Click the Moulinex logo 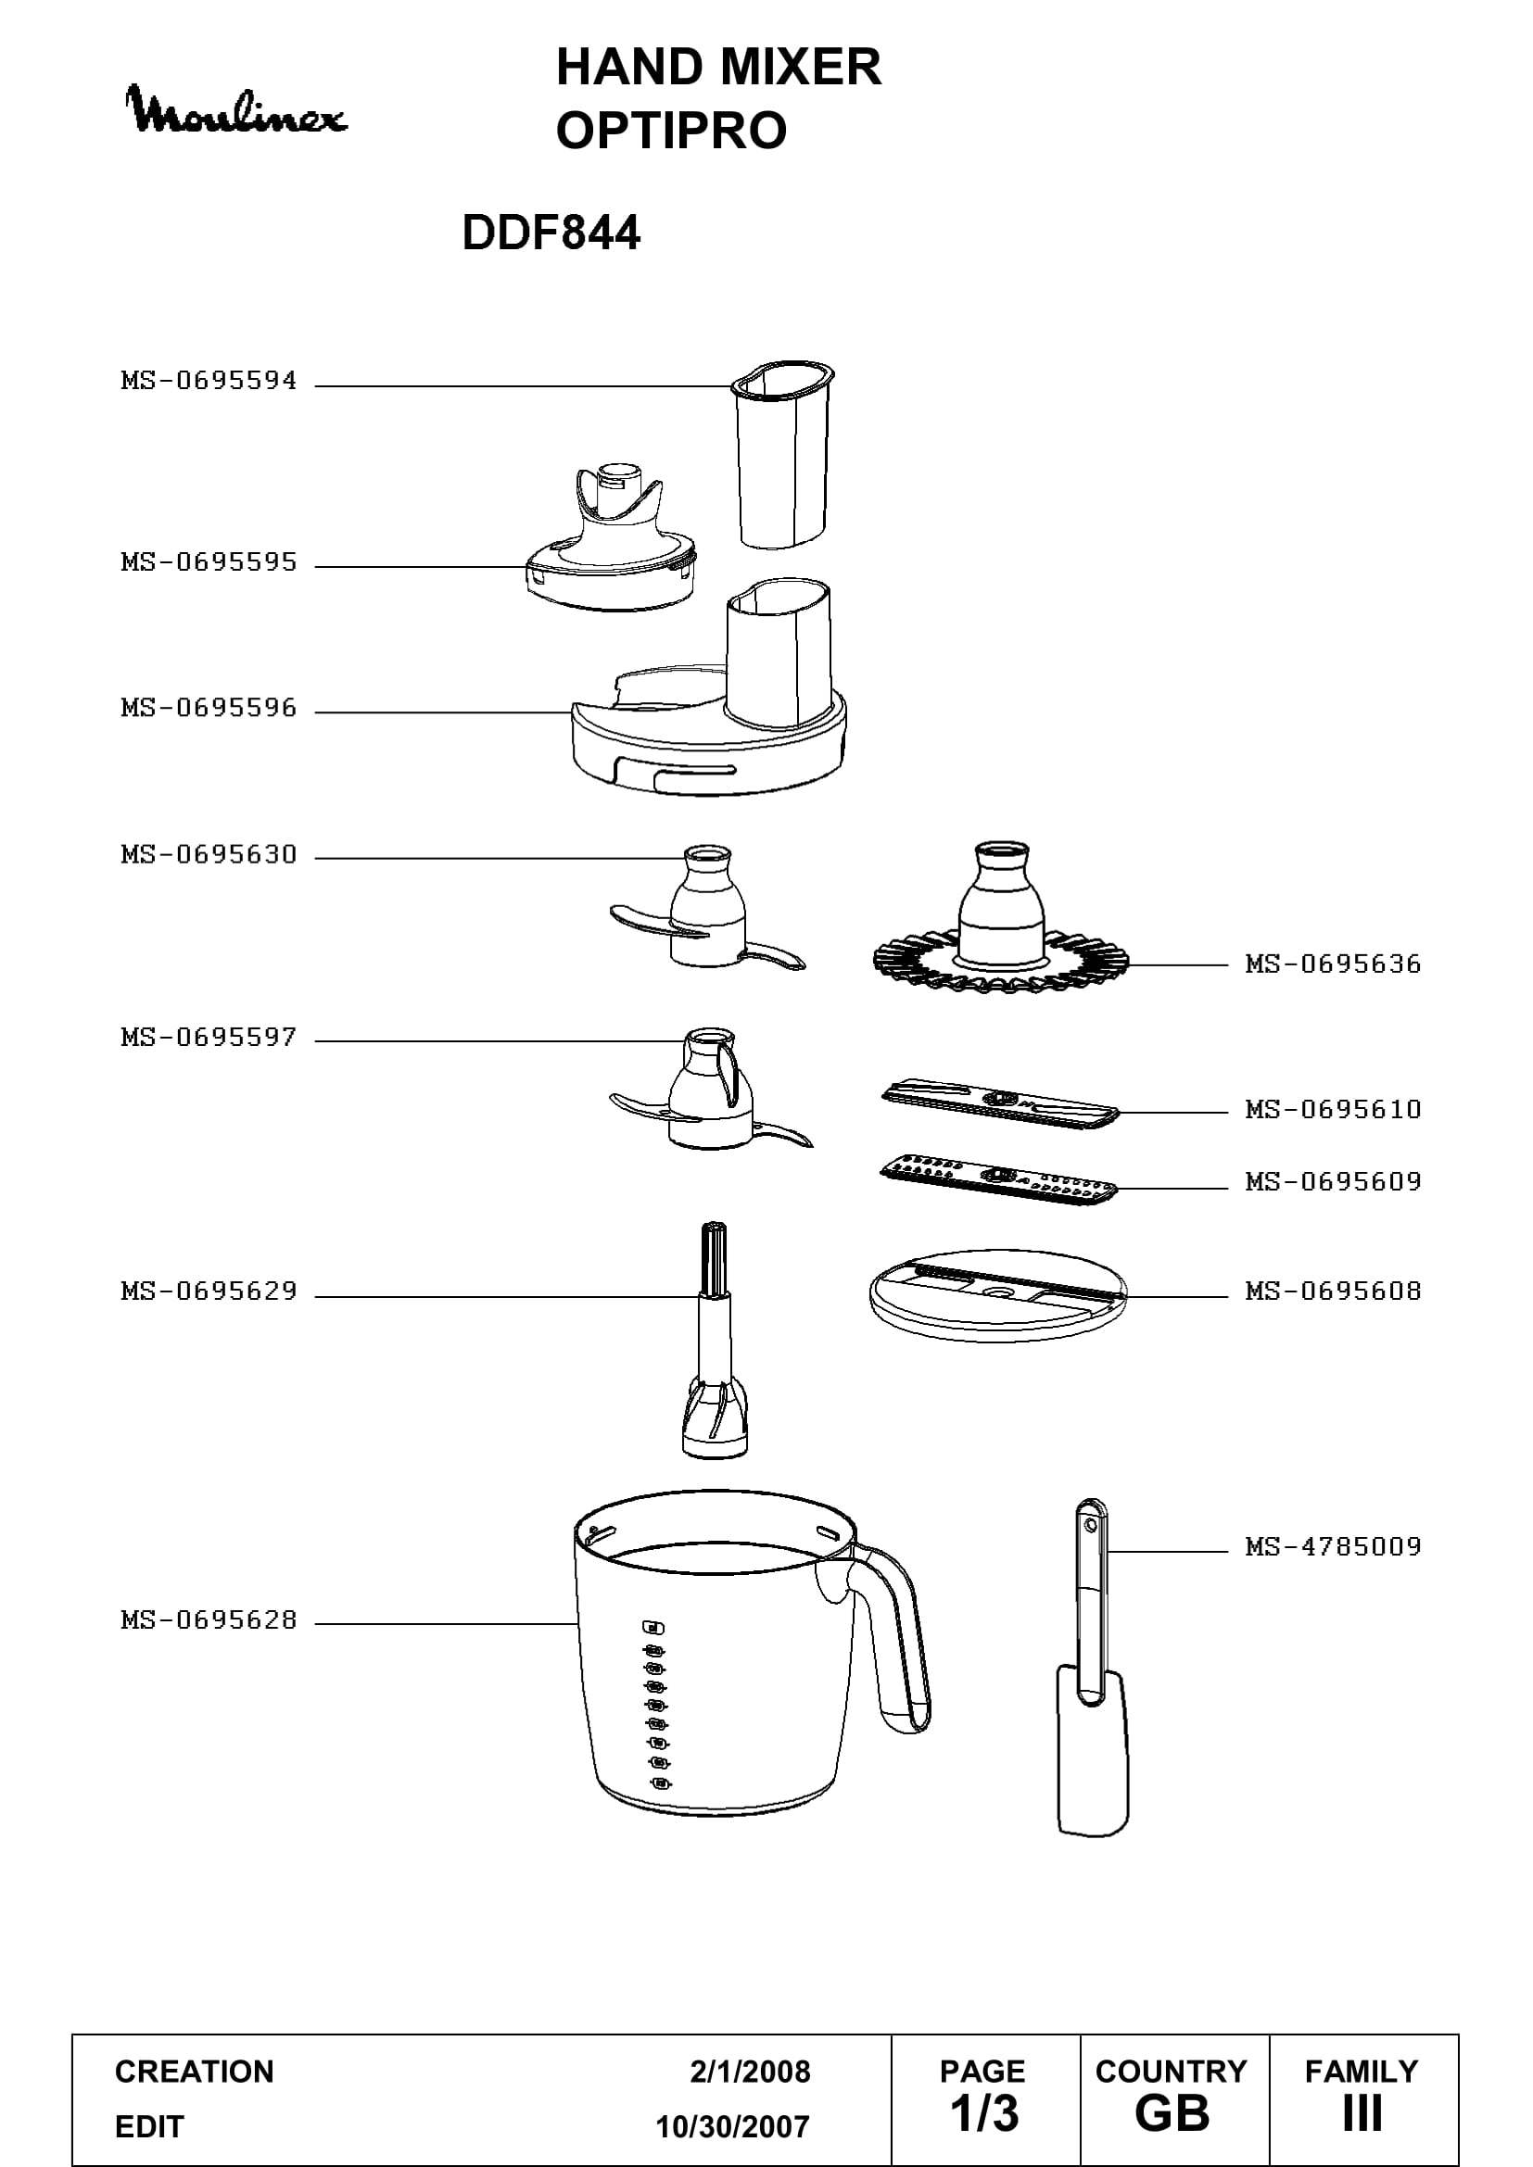tap(237, 109)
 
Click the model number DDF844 tap(551, 233)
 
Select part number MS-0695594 tap(209, 382)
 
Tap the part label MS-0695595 tap(209, 562)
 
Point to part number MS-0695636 tap(1333, 964)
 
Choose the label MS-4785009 tap(1333, 1546)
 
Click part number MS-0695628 tap(209, 1619)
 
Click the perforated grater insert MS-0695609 tap(999, 1179)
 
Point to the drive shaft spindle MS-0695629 tap(715, 1341)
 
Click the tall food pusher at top tap(782, 453)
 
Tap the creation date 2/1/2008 tap(750, 2072)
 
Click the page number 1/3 tap(984, 2114)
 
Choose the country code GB tap(1172, 2114)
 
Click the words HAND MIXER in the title tap(718, 67)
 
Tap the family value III tap(1362, 2114)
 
